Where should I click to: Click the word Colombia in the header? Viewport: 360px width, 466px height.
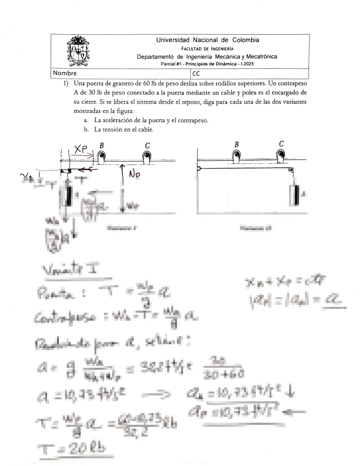[245, 40]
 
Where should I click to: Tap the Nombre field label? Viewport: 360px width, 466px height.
[64, 73]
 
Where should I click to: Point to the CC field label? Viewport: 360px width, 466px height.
[196, 74]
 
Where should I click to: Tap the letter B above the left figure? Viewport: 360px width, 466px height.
[102, 145]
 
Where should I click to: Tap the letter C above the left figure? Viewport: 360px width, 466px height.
[147, 145]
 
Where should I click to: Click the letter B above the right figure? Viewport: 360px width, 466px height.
[236, 144]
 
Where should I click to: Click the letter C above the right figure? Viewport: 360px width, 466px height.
[281, 144]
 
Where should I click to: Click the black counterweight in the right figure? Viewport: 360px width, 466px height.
[296, 195]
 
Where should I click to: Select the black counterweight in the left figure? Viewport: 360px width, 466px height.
[69, 196]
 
